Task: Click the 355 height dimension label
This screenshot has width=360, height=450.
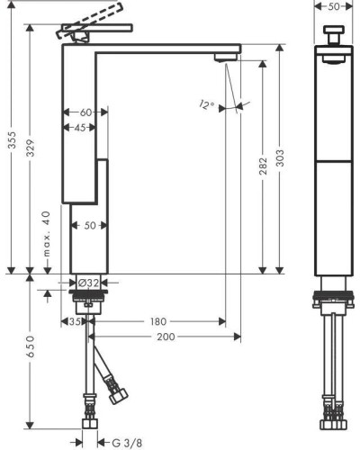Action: click(x=13, y=139)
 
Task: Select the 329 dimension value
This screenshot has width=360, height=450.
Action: click(x=31, y=148)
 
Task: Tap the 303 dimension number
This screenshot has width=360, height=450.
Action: click(x=280, y=158)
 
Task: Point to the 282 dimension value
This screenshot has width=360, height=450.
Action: click(x=263, y=166)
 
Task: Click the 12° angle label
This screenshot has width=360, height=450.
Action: click(x=207, y=104)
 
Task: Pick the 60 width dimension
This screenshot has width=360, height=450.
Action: click(x=85, y=112)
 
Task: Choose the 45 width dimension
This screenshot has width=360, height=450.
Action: click(x=80, y=128)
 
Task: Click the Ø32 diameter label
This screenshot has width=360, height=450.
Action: click(x=88, y=283)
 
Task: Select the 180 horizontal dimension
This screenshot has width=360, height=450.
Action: click(x=158, y=321)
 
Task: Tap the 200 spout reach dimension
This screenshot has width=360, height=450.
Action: click(x=166, y=337)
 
